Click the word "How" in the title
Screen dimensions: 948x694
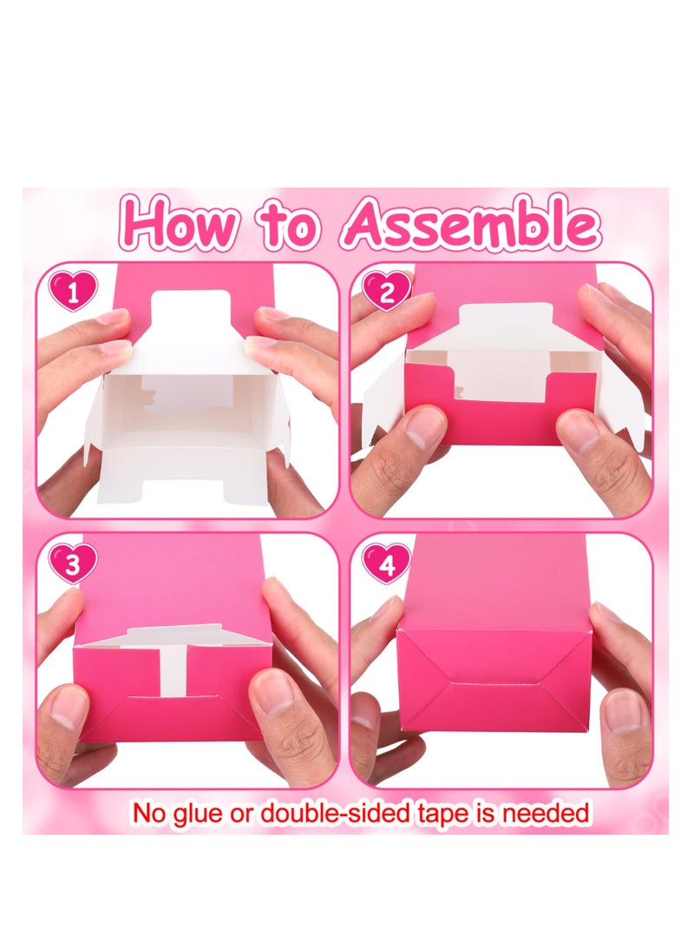point(179,224)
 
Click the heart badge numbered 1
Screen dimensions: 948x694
point(74,291)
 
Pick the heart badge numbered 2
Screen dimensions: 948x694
point(384,291)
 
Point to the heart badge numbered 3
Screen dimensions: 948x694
point(73,564)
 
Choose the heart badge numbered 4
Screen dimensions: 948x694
point(385,564)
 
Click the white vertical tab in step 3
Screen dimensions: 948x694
point(174,668)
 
